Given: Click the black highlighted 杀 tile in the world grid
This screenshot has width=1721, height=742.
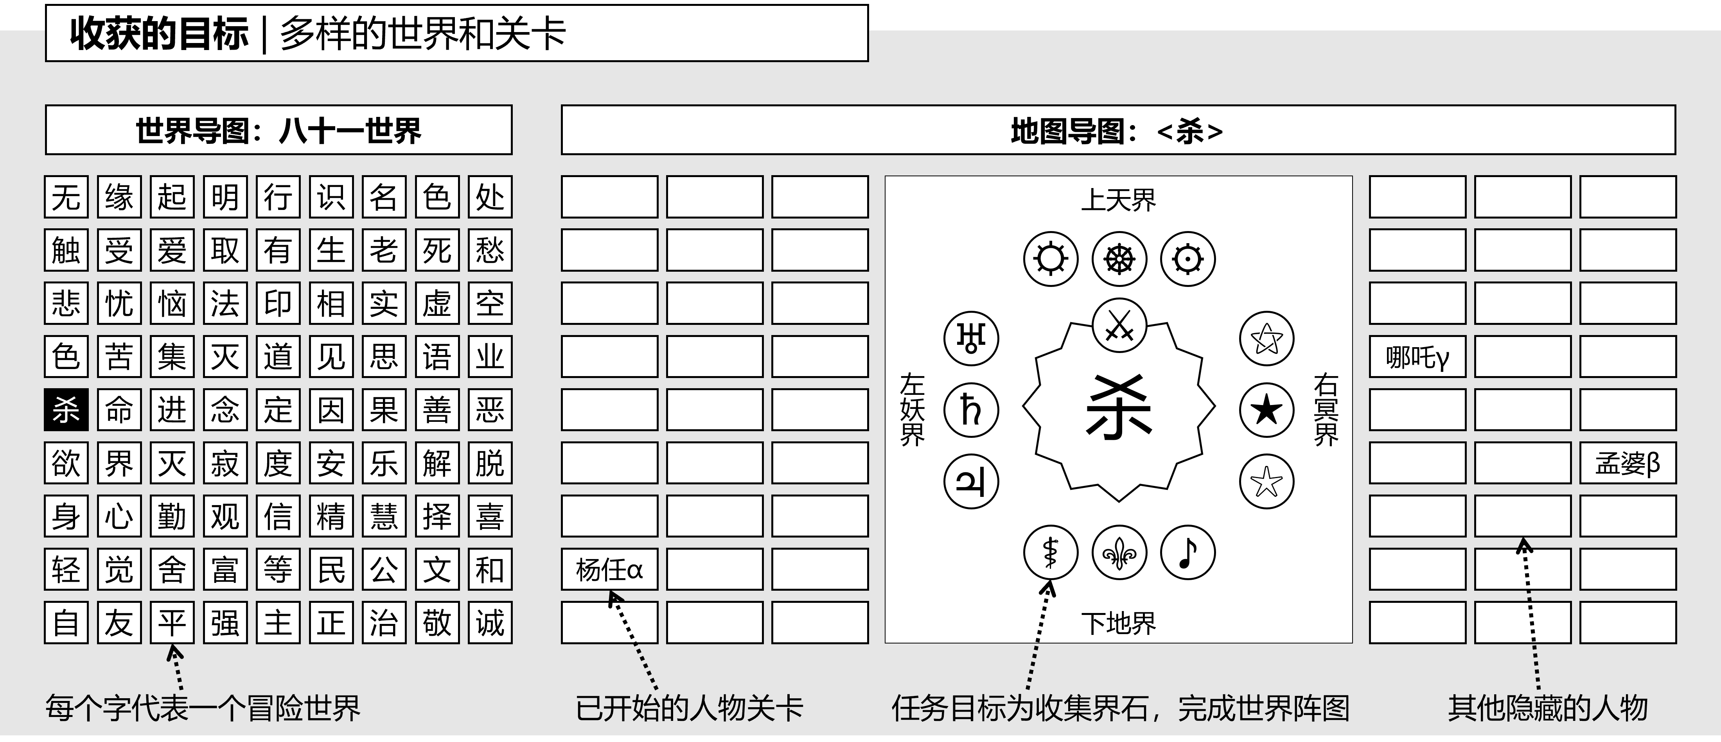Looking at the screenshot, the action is pyautogui.click(x=66, y=409).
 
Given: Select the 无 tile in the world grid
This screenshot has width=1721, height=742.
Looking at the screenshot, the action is pyautogui.click(x=66, y=197).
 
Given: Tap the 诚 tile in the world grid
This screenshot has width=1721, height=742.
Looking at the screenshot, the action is pyautogui.click(x=490, y=622).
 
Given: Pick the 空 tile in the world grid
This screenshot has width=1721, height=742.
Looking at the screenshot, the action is pyautogui.click(x=490, y=303).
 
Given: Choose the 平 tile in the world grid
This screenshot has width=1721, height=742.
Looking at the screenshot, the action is pyautogui.click(x=172, y=622).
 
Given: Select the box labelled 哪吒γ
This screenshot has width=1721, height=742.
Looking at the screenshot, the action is pyautogui.click(x=1417, y=357).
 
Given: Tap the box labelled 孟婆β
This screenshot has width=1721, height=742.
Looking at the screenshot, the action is pyautogui.click(x=1628, y=463).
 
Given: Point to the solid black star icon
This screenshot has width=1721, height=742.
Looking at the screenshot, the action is pyautogui.click(x=1266, y=409).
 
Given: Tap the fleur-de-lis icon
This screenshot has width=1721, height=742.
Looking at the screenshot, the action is pyautogui.click(x=1119, y=552).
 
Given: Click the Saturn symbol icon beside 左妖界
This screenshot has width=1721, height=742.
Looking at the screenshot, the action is pyautogui.click(x=971, y=409).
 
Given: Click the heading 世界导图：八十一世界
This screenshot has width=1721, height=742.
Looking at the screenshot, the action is pyautogui.click(x=278, y=130).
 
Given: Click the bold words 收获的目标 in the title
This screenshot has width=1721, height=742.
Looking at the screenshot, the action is pyautogui.click(x=159, y=33).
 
